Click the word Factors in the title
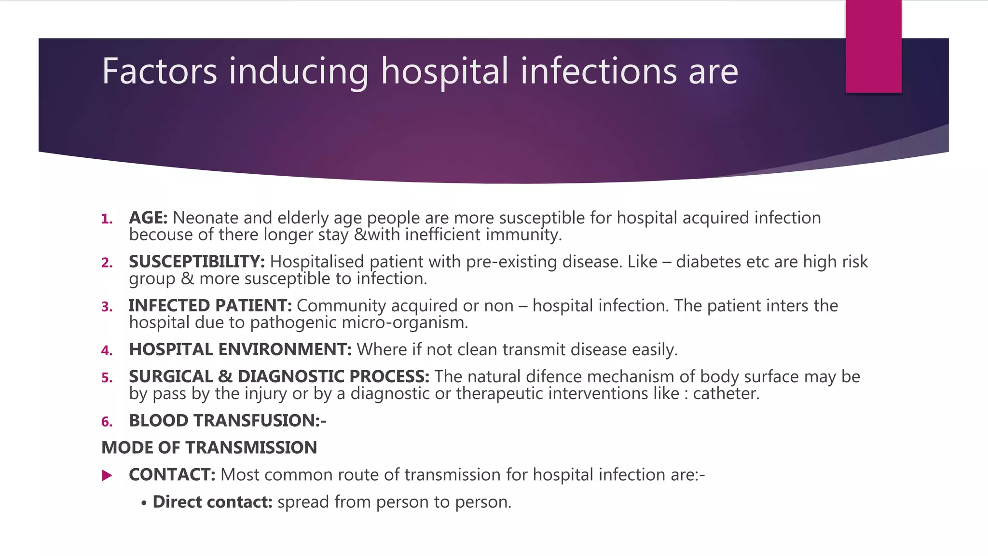click(159, 71)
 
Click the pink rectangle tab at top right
click(873, 46)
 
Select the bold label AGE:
click(148, 218)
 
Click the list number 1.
click(107, 220)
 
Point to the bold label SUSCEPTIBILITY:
click(197, 262)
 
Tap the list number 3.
click(107, 307)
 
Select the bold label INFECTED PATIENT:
click(210, 306)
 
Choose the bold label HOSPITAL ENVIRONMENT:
click(240, 350)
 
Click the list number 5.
click(107, 378)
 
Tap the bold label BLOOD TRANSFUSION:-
click(228, 421)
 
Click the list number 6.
click(107, 422)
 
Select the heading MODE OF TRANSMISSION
click(209, 448)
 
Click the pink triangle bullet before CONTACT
click(107, 476)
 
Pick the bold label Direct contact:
click(213, 502)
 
